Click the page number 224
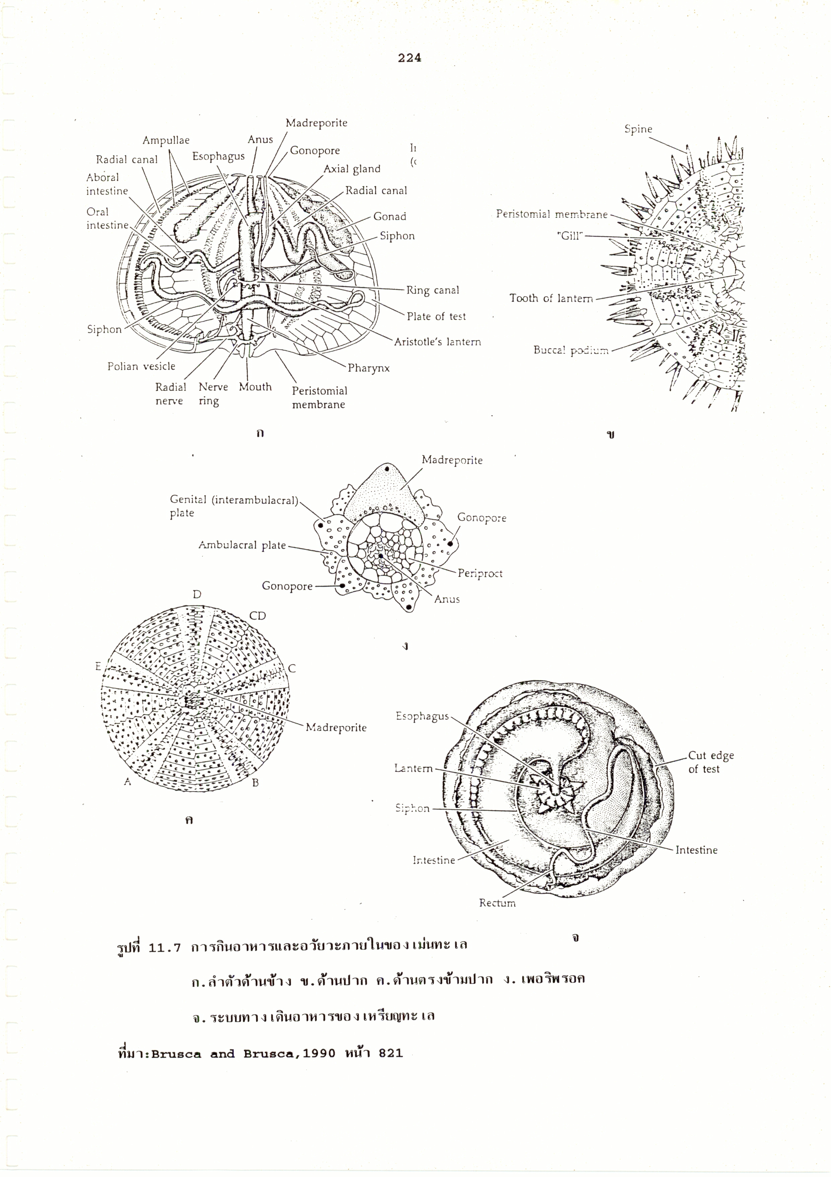409,58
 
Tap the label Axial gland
352,169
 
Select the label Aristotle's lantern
437,342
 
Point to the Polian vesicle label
141,366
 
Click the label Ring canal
433,290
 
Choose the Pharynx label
369,368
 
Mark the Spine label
638,129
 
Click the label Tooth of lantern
551,298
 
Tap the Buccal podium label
571,351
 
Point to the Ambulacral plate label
242,546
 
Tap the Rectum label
497,903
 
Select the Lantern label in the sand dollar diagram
413,768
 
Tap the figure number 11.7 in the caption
165,947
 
